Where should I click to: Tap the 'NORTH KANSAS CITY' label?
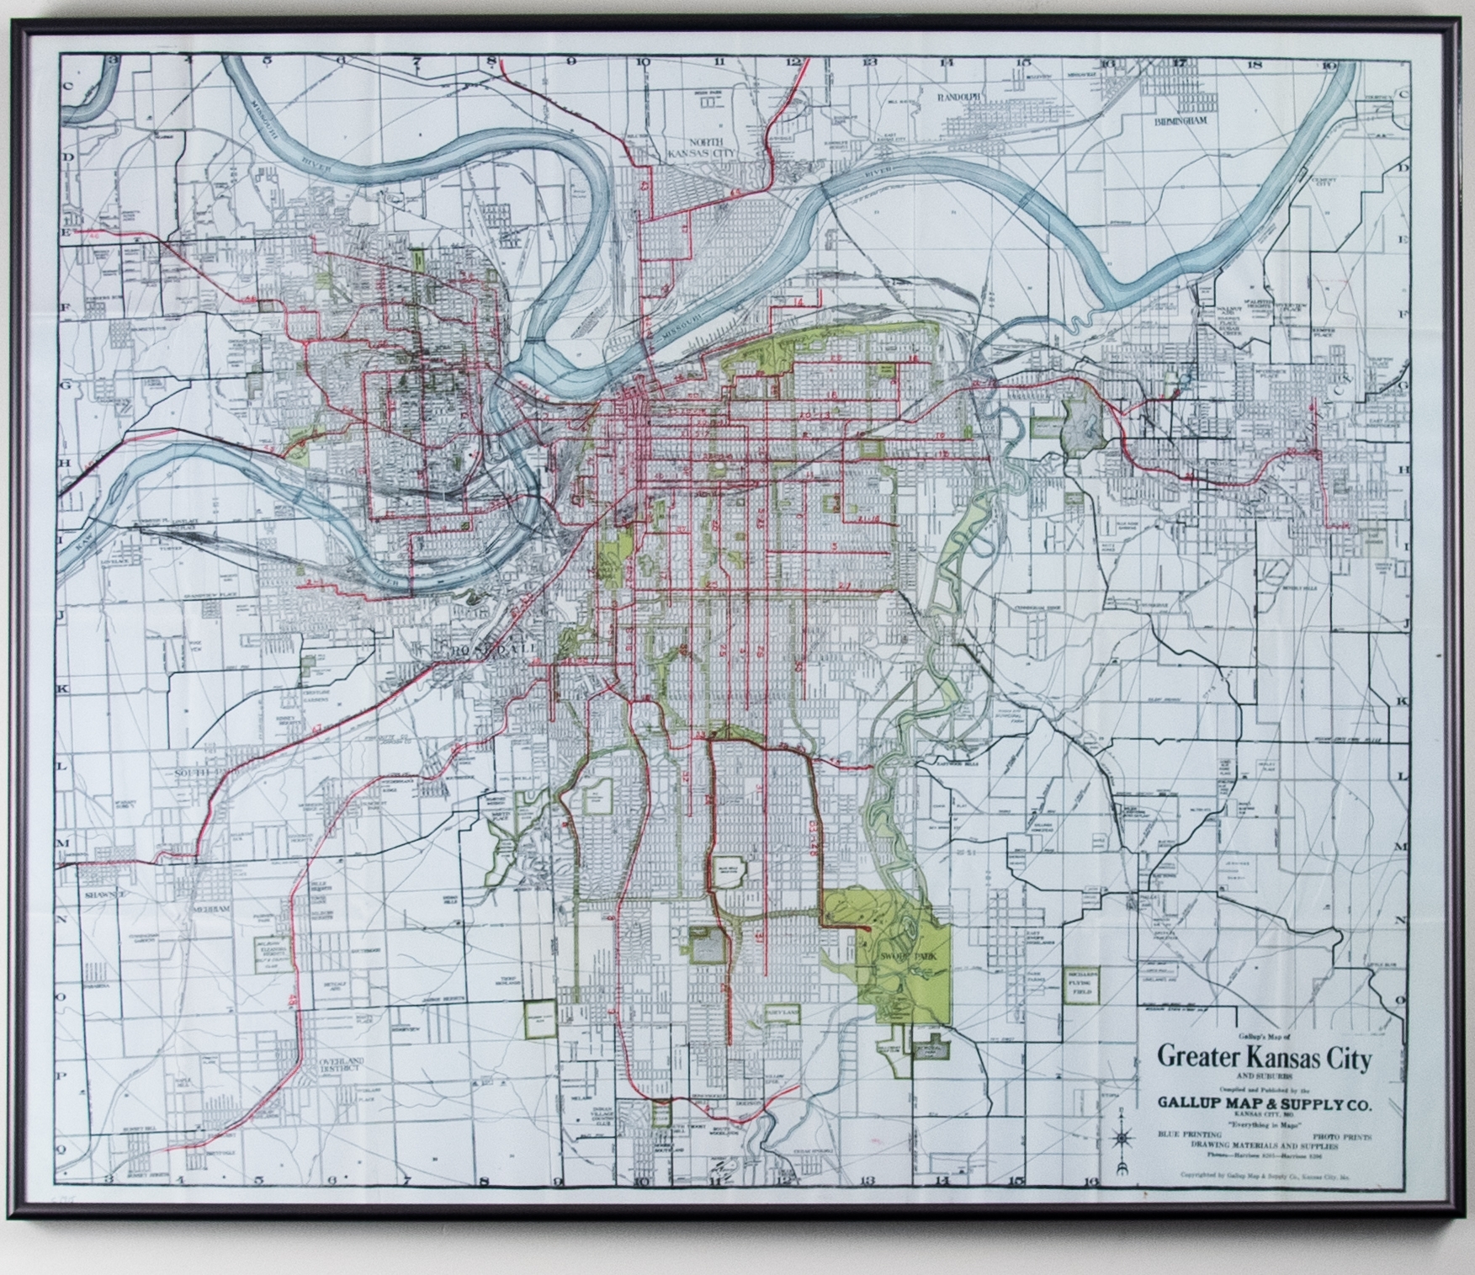click(714, 147)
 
